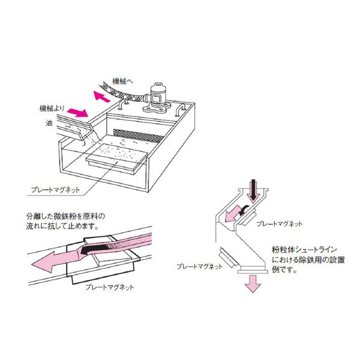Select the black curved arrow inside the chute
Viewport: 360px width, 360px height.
pyautogui.click(x=245, y=209)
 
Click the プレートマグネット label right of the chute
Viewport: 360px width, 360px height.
pyautogui.click(x=277, y=223)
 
